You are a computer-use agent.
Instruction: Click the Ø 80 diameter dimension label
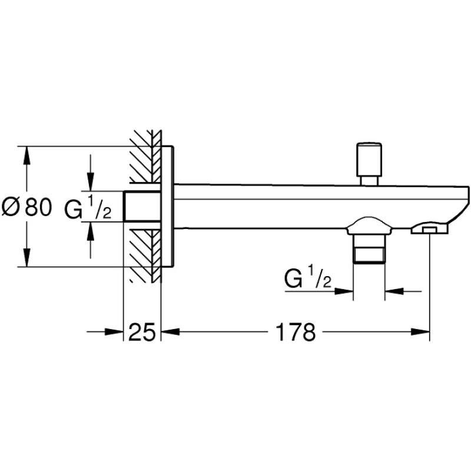27,207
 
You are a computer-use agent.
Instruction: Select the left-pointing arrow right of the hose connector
394,290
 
